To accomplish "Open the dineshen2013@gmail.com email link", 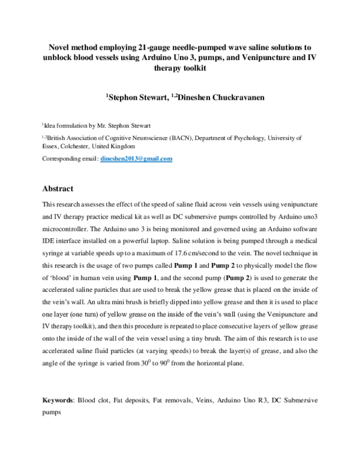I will click(136, 159).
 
